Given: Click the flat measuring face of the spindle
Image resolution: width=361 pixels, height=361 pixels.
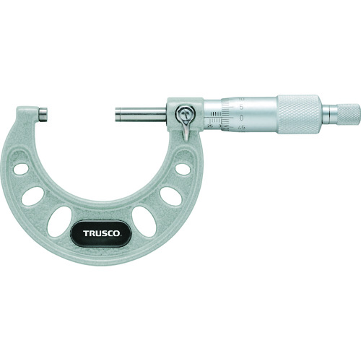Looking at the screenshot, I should (116, 114).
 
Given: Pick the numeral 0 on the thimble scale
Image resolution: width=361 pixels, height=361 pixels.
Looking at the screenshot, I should (241, 115).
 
